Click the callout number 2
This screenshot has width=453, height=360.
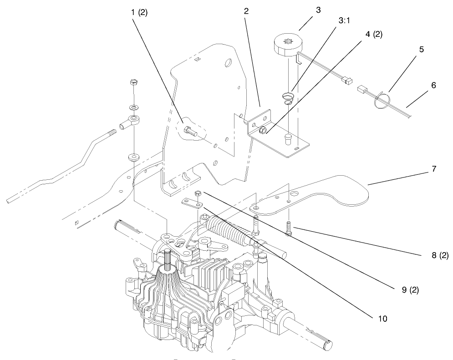point(246,11)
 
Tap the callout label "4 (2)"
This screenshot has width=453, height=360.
point(373,34)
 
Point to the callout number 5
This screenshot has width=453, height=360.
point(421,50)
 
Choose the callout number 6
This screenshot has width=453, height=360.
point(433,85)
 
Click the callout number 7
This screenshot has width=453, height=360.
point(434,169)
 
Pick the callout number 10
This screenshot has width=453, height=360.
point(382,318)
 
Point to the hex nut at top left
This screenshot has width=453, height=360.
point(133,83)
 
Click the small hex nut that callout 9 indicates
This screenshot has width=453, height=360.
point(198,193)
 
